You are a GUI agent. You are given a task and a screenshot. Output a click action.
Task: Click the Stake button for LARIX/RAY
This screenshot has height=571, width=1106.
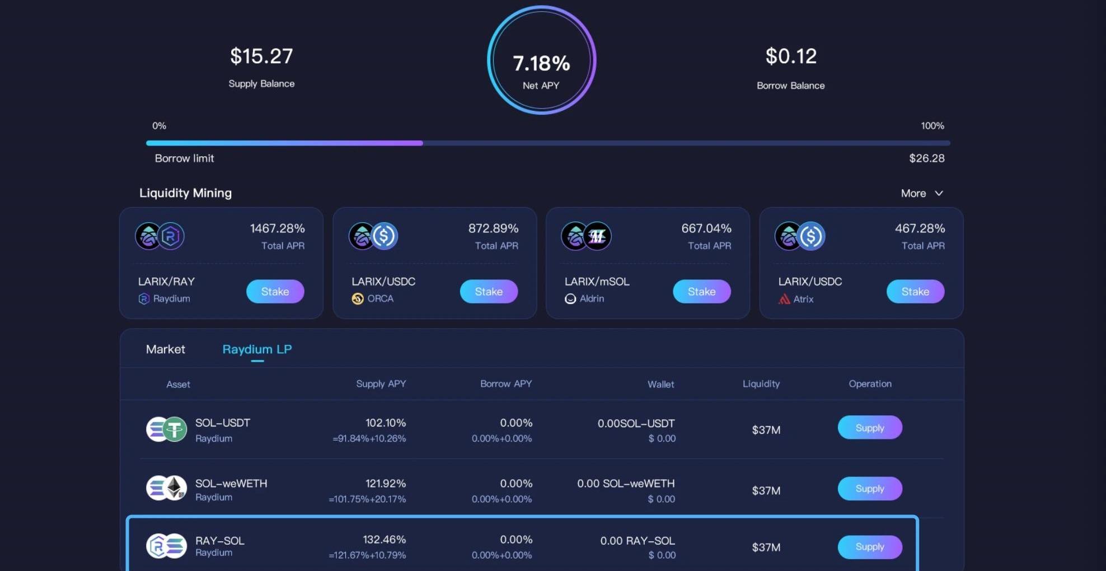click(x=275, y=292)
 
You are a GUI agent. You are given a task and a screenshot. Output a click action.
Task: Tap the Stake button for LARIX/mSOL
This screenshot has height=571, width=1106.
click(x=701, y=292)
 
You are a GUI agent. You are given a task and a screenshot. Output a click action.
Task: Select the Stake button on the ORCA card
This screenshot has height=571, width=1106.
click(x=489, y=292)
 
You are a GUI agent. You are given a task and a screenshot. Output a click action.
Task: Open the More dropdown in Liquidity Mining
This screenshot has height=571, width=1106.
click(x=921, y=193)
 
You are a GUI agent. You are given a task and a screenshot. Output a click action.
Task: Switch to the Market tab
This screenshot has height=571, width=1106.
click(x=165, y=349)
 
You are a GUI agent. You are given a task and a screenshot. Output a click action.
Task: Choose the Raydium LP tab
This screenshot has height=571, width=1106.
click(x=257, y=349)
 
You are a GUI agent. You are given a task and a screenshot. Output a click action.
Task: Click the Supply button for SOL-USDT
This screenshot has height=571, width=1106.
click(x=869, y=428)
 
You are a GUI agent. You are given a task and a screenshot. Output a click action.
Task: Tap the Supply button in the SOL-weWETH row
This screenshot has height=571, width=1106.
click(x=869, y=489)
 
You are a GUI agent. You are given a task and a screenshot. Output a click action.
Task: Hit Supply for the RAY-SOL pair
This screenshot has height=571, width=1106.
click(x=869, y=547)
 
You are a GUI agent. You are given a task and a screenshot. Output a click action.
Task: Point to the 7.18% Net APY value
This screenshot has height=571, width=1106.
click(x=541, y=63)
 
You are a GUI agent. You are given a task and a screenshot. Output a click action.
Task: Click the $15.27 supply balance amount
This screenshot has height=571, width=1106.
click(x=261, y=56)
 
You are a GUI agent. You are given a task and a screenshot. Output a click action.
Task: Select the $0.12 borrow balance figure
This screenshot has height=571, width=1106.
click(x=790, y=56)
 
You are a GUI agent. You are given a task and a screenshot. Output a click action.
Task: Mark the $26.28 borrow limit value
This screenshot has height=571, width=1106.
click(x=926, y=158)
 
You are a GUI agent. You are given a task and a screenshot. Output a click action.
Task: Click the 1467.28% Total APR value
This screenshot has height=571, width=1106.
click(x=277, y=228)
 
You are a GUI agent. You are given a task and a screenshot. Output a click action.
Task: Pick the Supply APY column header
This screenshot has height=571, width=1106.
click(x=381, y=384)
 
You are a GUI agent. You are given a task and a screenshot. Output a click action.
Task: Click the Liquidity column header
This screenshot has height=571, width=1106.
click(x=761, y=384)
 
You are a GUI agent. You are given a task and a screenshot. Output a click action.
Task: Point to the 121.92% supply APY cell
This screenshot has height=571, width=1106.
click(x=385, y=483)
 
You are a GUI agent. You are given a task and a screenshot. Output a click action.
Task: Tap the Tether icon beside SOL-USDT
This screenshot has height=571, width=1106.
click(x=175, y=430)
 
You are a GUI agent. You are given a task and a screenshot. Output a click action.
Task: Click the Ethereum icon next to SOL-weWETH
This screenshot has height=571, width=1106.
click(x=175, y=488)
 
